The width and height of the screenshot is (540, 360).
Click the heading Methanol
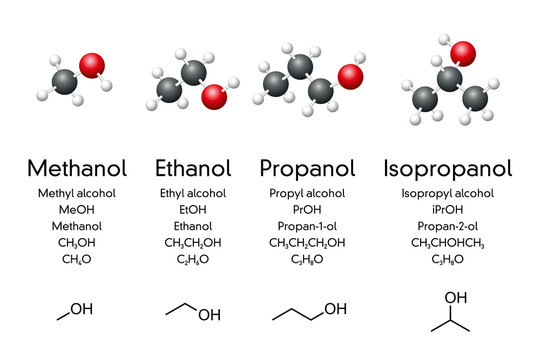76,167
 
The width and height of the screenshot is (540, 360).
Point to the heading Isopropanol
448,167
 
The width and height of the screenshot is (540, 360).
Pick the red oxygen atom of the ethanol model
215,96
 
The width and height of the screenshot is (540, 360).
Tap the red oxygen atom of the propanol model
350,76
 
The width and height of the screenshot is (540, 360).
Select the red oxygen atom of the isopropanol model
462,52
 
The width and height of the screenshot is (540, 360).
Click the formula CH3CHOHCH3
448,243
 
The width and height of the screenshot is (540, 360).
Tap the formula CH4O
76,260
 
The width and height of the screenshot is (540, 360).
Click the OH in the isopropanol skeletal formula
456,297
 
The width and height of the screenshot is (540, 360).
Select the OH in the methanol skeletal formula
82,310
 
